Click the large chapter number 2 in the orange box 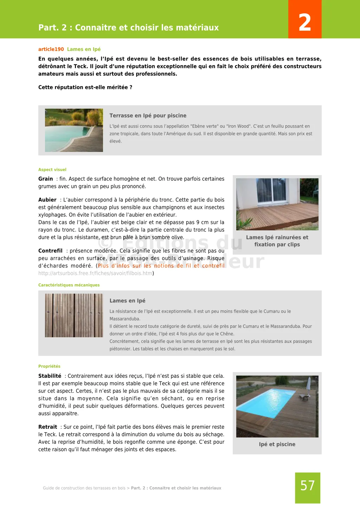[304, 22]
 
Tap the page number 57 [307, 486]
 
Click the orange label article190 [51, 49]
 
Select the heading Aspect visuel [52, 170]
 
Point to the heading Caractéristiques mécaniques [69, 285]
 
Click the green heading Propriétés [49, 366]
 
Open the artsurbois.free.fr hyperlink [95, 273]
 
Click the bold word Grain [46, 179]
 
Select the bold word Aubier [47, 200]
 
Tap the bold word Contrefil [50, 251]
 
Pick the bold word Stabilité [50, 376]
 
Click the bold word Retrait [48, 427]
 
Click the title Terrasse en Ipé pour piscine [148, 115]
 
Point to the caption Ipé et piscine [277, 444]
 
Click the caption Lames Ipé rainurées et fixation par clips [277, 241]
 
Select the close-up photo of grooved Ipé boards [74, 315]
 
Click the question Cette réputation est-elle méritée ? [85, 87]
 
